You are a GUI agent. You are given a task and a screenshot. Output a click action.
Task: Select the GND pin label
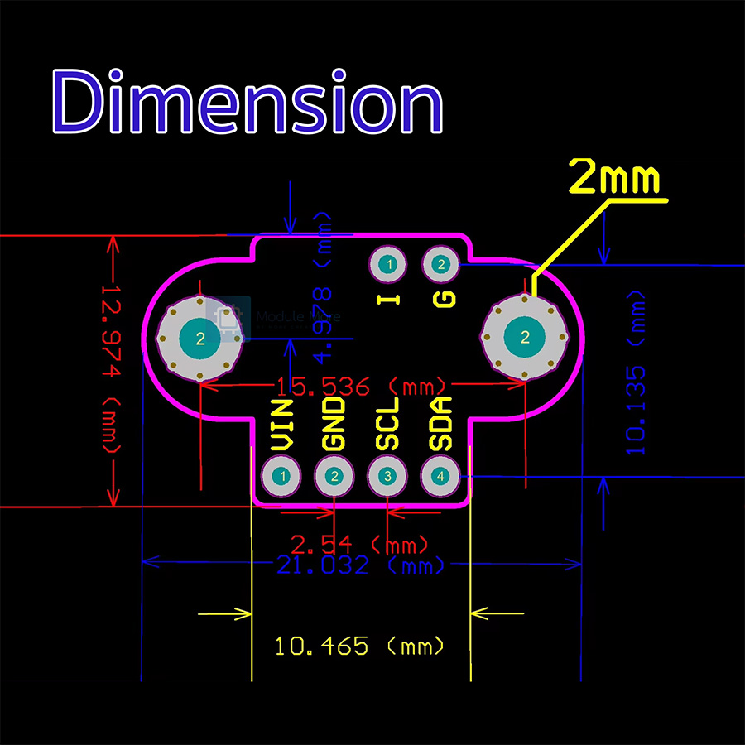click(x=334, y=424)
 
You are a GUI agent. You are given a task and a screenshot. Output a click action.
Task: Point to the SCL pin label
click(x=387, y=424)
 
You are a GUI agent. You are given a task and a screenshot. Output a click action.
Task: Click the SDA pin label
click(x=440, y=424)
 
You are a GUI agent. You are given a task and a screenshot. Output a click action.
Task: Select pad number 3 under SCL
click(x=387, y=476)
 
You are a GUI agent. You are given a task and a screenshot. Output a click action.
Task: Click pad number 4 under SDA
click(x=440, y=476)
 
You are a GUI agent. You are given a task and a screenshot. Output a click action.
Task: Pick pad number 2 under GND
click(x=334, y=476)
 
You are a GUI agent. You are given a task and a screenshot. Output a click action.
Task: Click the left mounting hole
click(x=200, y=338)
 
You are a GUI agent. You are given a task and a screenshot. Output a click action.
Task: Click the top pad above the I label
click(x=387, y=265)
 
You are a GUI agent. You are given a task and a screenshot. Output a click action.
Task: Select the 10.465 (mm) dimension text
click(x=359, y=646)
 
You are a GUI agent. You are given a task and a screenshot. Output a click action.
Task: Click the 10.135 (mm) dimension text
click(x=635, y=372)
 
